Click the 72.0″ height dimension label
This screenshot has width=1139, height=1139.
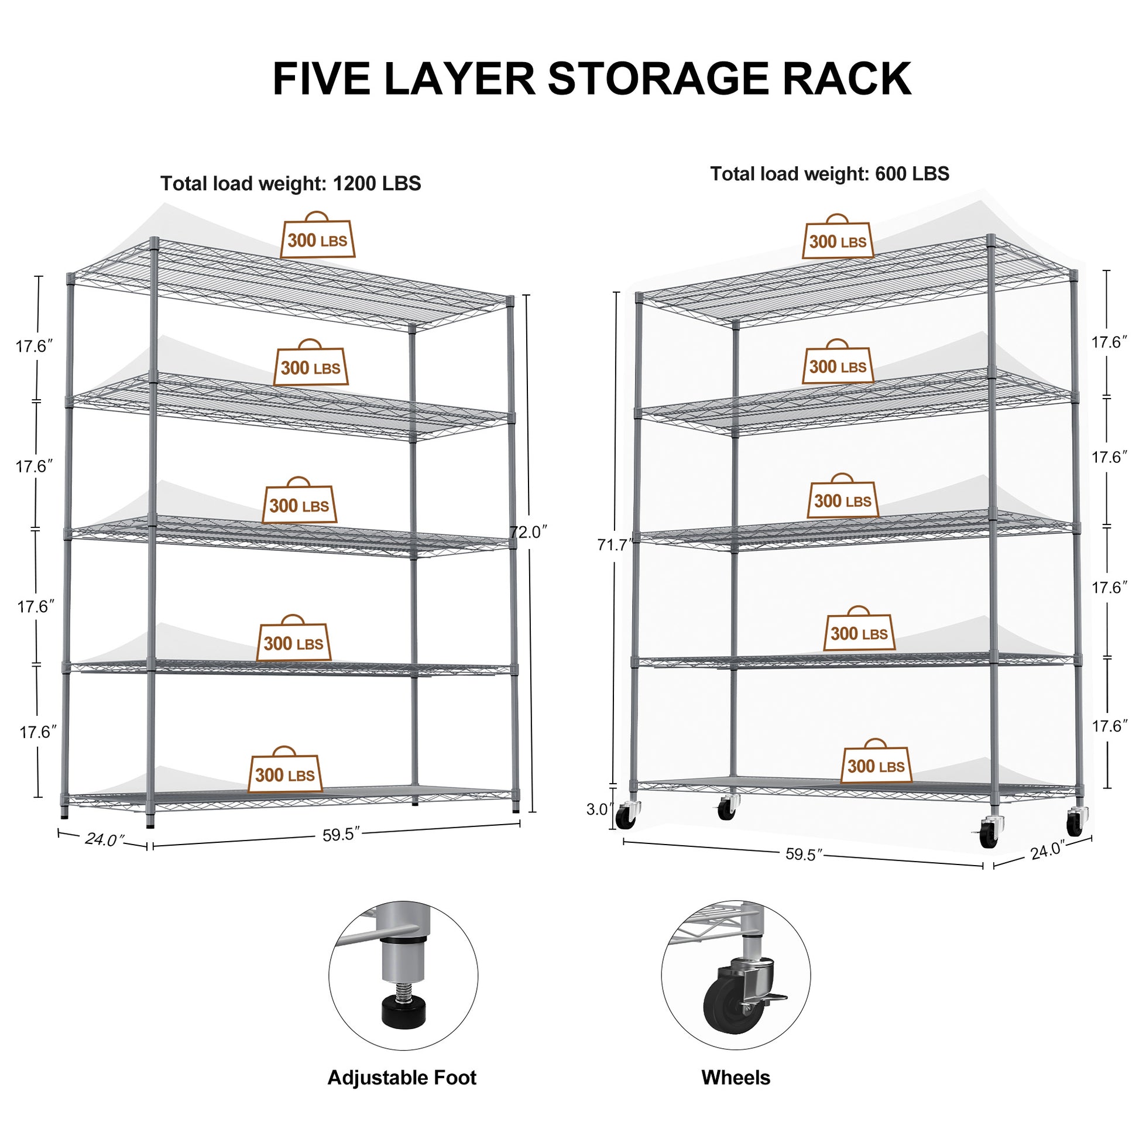pos(529,532)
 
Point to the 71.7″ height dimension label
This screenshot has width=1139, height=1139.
pos(616,545)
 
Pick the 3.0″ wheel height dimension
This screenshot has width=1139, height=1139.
pos(599,809)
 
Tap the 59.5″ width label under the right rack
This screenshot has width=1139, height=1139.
pos(804,855)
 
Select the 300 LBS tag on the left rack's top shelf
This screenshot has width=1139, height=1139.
pos(317,240)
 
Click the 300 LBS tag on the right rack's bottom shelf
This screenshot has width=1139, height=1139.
pos(876,766)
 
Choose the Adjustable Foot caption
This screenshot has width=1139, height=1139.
pos(402,1077)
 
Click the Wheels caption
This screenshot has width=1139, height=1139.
pos(735,1077)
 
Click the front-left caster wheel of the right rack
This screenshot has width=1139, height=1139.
pos(625,818)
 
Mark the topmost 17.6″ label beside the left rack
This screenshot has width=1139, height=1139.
pos(34,346)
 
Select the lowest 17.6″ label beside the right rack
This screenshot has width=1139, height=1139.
pos(1109,726)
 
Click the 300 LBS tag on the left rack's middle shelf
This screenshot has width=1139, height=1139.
pos(299,505)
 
